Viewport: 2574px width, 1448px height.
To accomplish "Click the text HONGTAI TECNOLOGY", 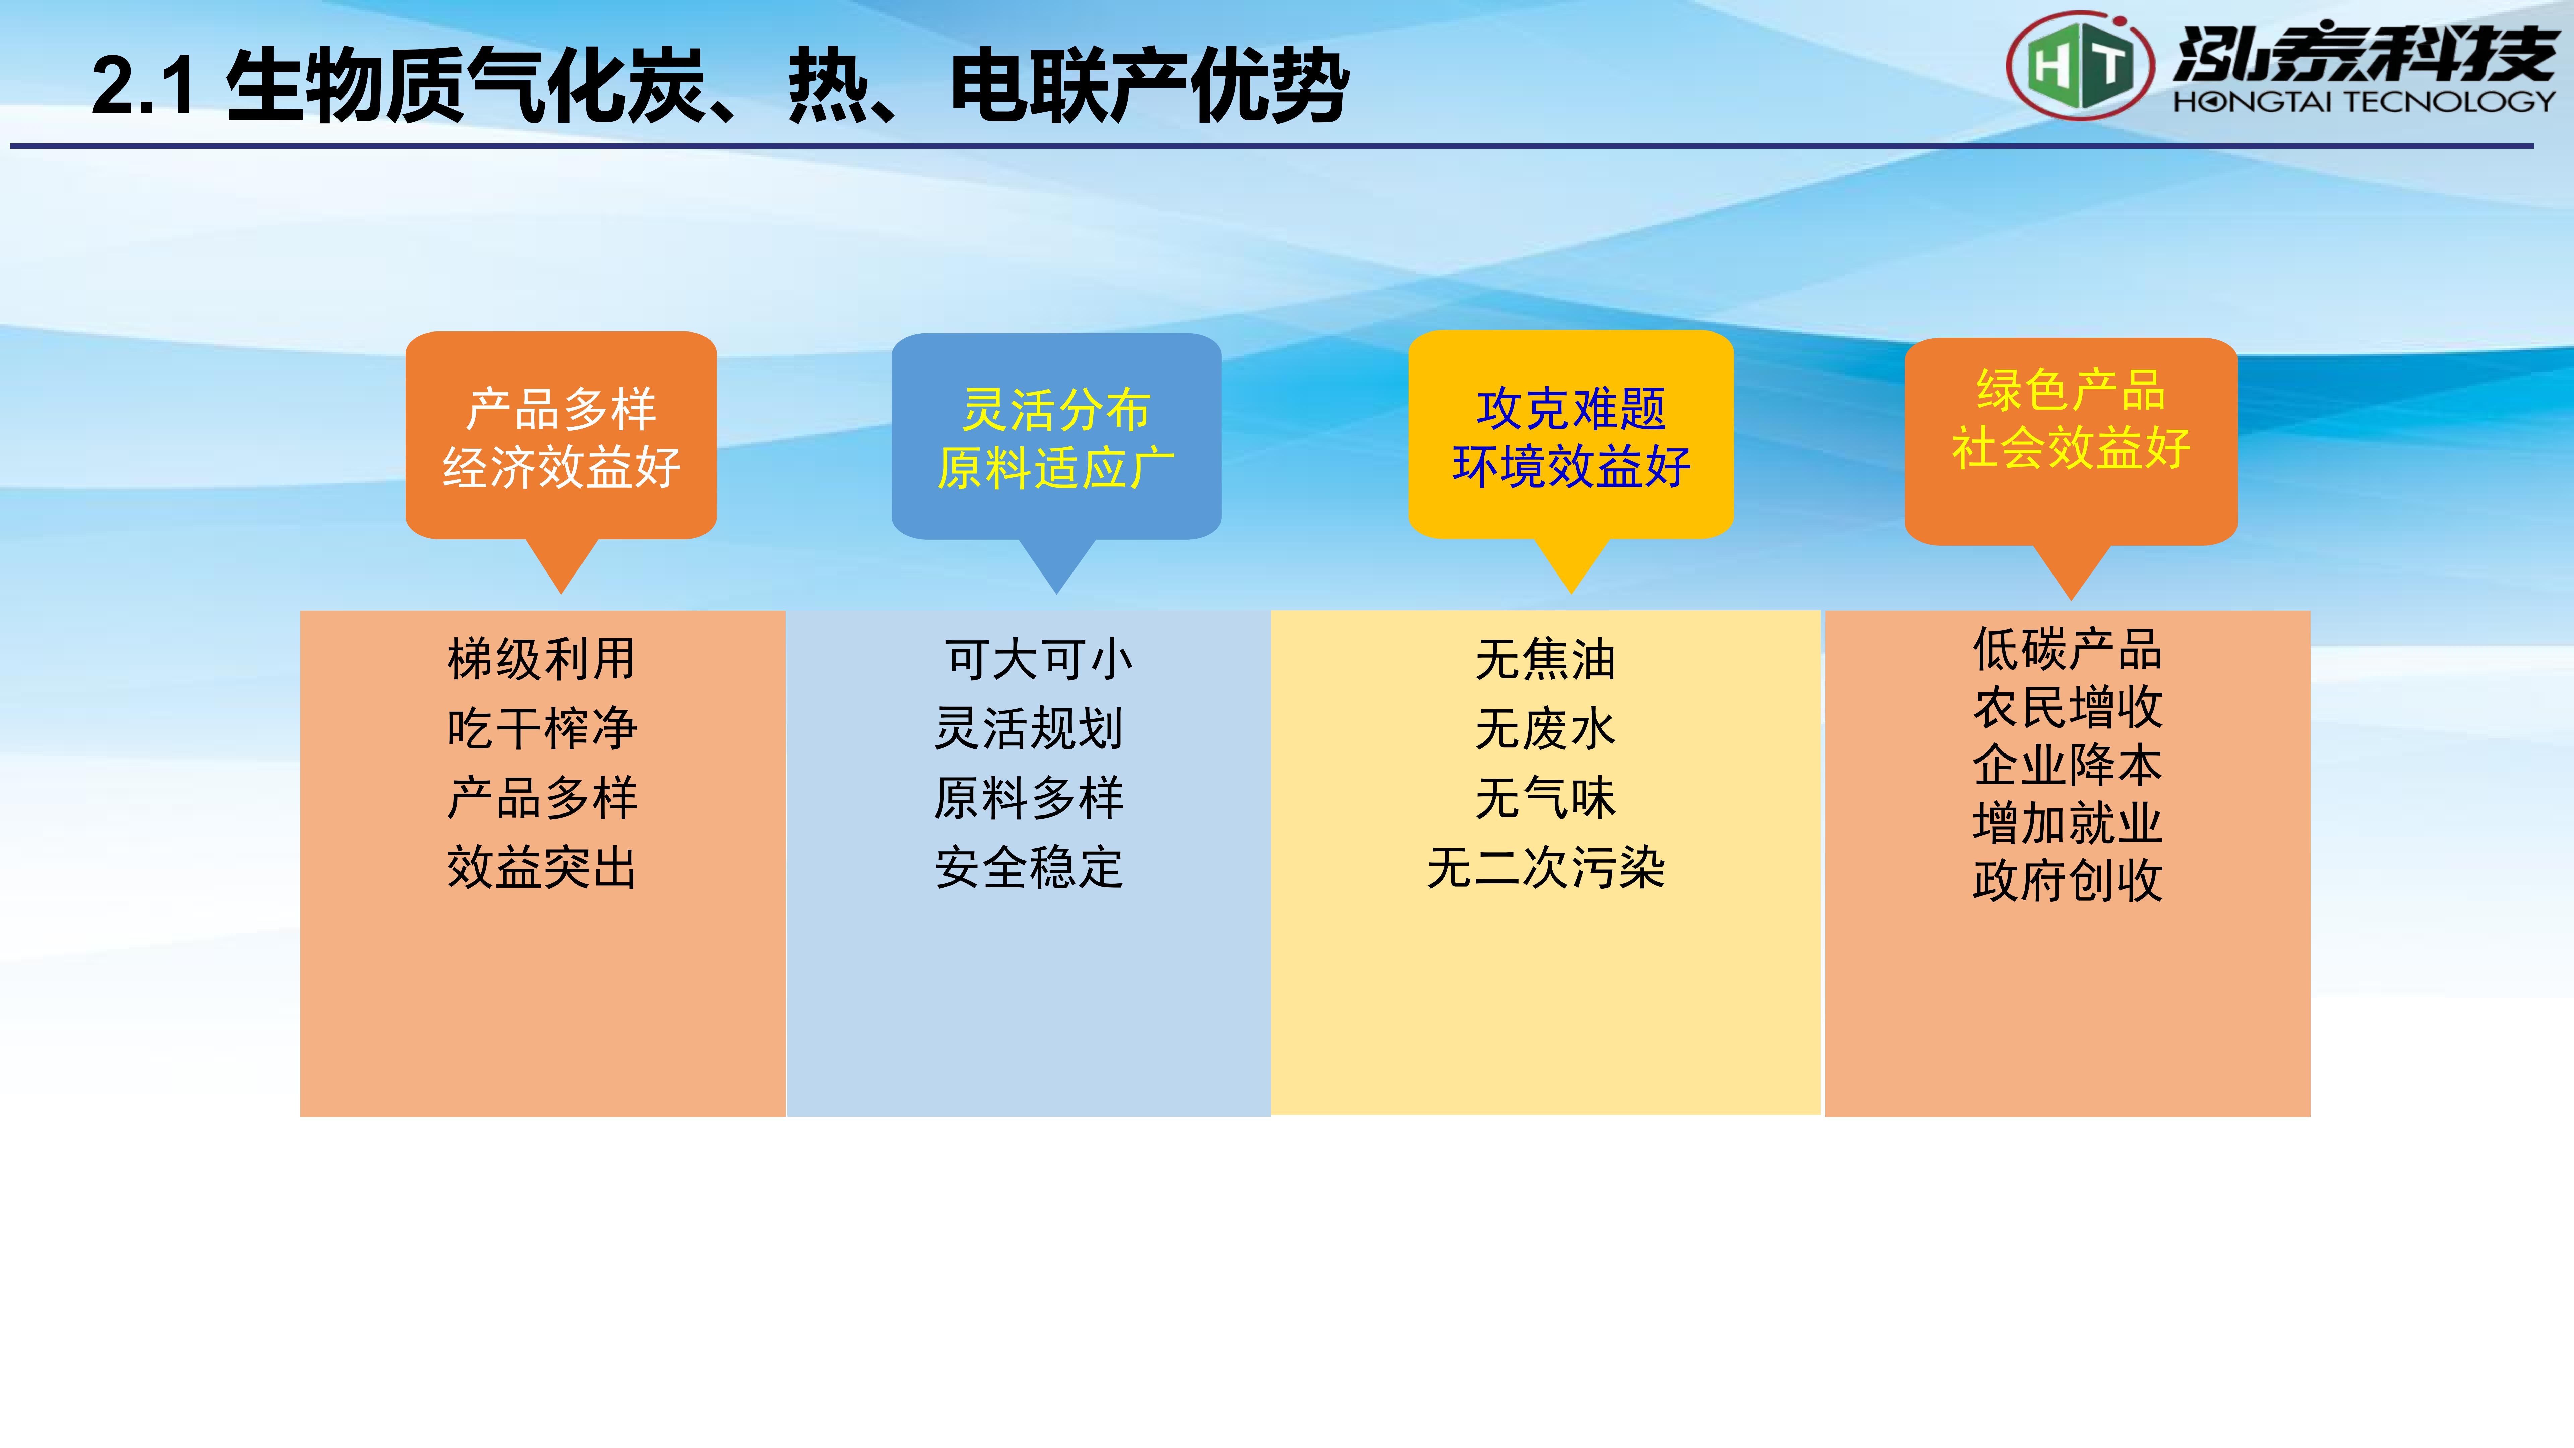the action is (2363, 101).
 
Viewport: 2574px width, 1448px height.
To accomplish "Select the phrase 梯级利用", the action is (542, 660).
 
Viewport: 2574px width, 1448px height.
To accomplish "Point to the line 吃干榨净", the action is (542, 728).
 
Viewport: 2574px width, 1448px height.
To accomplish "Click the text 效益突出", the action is (542, 867).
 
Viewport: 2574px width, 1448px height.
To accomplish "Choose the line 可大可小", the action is (1039, 660).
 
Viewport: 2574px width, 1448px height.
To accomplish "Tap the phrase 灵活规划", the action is (1029, 728).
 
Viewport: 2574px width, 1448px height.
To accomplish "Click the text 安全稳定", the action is (1029, 867).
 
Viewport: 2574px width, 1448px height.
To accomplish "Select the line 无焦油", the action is (1546, 660).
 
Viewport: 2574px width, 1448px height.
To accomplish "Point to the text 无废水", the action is (1546, 728).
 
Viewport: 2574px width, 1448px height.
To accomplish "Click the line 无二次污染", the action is (1546, 867).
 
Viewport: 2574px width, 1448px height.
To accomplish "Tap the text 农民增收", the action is (2067, 708).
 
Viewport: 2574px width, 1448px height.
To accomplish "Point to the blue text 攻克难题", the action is (1571, 409).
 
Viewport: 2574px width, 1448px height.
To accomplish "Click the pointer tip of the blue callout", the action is (1056, 594).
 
